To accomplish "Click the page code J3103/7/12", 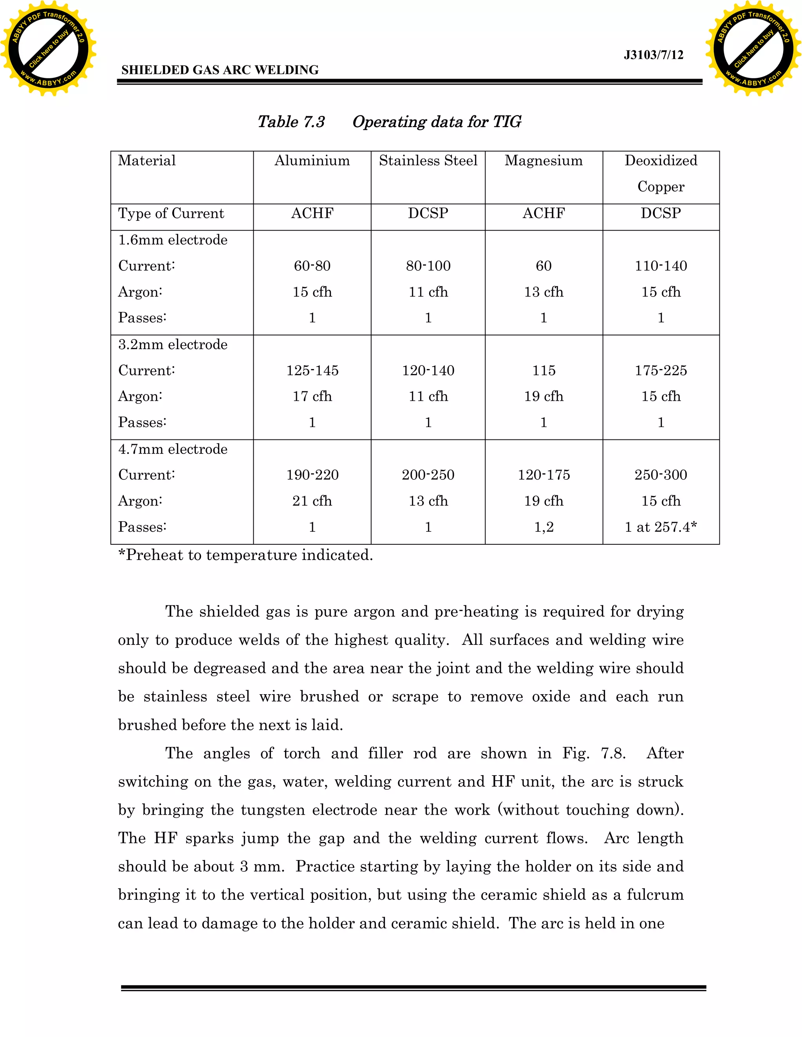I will coord(653,55).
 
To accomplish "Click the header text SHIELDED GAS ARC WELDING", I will coord(220,70).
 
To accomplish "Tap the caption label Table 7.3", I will coord(291,122).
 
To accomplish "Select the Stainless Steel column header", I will coord(428,161).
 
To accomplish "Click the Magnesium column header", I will coord(544,161).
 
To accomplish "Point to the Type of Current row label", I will coord(171,214).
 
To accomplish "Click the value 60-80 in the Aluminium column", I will coord(312,266).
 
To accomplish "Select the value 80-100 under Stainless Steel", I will coord(428,266).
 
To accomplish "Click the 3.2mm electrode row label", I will coord(172,345).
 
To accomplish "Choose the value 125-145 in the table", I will coord(312,370).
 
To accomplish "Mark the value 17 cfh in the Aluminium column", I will coord(312,396).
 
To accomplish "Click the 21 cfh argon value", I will coord(312,501).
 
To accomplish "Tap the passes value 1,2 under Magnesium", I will coord(544,527).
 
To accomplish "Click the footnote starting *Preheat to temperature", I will coord(245,555).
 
